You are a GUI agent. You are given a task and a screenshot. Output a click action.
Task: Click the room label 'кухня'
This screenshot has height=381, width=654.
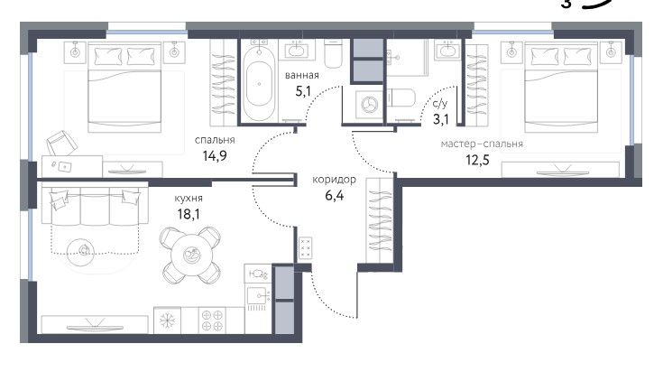tap(189, 199)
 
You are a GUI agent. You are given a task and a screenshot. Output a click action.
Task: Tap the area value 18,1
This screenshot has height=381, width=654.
tap(189, 215)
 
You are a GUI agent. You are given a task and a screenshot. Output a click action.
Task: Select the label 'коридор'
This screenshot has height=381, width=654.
tap(334, 180)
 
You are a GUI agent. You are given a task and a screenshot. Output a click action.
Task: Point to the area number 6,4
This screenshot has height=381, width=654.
tap(334, 195)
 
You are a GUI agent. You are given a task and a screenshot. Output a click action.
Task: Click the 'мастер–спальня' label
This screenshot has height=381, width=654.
tap(482, 144)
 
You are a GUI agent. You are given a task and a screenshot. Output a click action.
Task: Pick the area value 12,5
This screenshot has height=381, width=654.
tap(477, 160)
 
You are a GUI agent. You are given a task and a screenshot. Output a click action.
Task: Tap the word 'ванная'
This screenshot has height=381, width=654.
tap(302, 76)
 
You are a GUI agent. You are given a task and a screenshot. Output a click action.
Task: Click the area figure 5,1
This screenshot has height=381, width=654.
tap(303, 91)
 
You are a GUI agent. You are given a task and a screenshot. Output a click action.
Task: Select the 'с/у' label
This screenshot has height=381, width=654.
tap(440, 104)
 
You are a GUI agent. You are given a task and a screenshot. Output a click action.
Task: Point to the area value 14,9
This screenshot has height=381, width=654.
tap(215, 156)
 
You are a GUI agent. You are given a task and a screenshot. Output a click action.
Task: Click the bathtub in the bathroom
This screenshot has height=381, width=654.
tap(259, 82)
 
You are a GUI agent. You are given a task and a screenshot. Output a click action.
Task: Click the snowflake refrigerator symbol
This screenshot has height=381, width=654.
tap(167, 321)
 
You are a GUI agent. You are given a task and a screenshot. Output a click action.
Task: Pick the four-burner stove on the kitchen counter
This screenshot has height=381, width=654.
tap(212, 321)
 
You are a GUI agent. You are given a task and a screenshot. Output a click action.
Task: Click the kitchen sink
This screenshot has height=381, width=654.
tap(258, 296)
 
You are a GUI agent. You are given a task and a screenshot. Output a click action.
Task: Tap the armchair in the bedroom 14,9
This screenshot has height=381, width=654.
tap(61, 143)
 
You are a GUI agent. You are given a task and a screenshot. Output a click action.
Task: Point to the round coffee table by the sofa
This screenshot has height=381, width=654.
tap(81, 251)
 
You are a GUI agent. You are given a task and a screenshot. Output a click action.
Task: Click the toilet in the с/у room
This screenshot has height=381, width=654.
tap(401, 98)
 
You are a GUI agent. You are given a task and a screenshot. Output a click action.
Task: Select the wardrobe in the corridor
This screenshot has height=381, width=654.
tap(380, 220)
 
